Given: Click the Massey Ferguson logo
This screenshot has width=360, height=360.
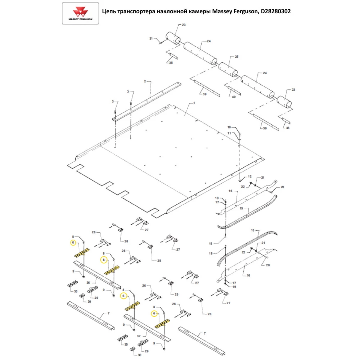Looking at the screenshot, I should coord(80,13).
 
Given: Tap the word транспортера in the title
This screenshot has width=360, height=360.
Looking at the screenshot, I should coord(137,12).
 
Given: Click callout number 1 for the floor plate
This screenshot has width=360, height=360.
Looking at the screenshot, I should coord(194,103).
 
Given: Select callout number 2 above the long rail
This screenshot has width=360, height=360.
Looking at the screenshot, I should coord(145,81).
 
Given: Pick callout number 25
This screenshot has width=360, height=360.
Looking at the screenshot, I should coord(237,57).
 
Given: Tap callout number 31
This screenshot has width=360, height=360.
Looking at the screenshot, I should coord(151,38).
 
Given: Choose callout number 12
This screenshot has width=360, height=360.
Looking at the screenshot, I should coord(249,177).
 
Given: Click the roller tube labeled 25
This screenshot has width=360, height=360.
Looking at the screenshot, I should coord(229,69).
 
